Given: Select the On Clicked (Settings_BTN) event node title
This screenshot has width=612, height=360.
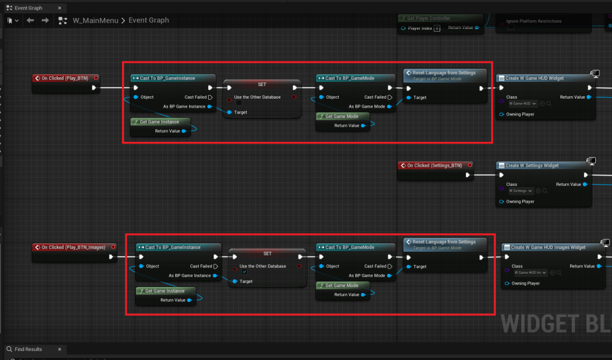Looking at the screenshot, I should [434, 165].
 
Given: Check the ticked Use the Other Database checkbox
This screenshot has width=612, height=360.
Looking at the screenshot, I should [244, 271].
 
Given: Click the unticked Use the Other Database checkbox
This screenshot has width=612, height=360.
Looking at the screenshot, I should [239, 103].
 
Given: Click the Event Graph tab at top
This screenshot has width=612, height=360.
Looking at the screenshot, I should [28, 8].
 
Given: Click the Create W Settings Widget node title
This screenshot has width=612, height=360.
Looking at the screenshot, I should [532, 166].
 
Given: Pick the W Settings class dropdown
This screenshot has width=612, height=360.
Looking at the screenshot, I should [520, 191].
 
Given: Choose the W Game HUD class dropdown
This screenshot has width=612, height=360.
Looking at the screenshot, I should [523, 103].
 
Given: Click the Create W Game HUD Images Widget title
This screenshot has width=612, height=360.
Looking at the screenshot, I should [548, 247].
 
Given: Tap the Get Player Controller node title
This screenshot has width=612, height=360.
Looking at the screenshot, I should [428, 19].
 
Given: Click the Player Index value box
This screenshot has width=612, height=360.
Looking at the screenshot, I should [437, 28].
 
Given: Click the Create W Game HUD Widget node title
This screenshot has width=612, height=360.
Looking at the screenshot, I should [534, 78].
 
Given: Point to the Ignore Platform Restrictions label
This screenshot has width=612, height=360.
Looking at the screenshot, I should [534, 21].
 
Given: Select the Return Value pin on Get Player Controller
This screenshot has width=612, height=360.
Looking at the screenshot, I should [476, 28].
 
